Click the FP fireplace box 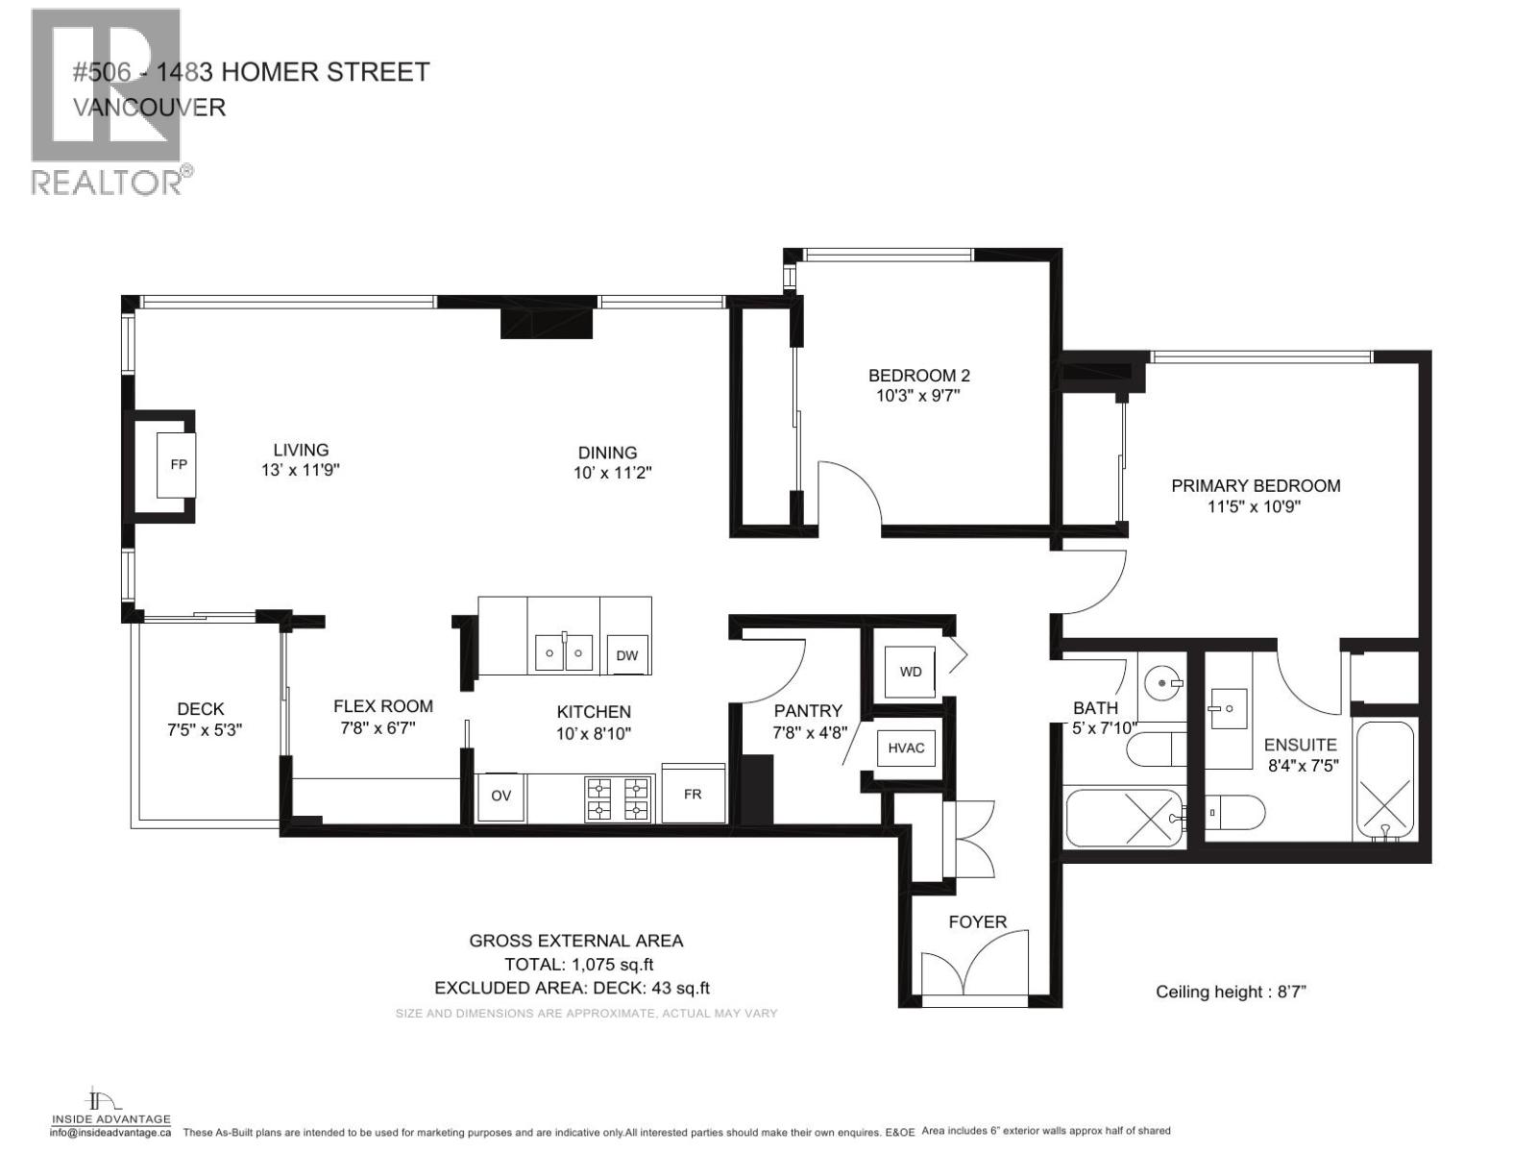tap(178, 465)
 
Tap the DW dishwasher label tap(626, 656)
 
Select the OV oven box tap(500, 797)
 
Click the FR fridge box tap(693, 795)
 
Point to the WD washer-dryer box tap(911, 671)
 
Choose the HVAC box tap(906, 747)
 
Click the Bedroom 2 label tap(912, 376)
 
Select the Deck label tap(200, 709)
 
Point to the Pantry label tap(808, 711)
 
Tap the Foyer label tap(977, 922)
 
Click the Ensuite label tap(1300, 745)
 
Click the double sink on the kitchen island tap(564, 653)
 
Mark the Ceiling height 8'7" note tap(1230, 992)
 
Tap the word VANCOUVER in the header tap(149, 107)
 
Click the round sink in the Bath tap(1164, 682)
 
